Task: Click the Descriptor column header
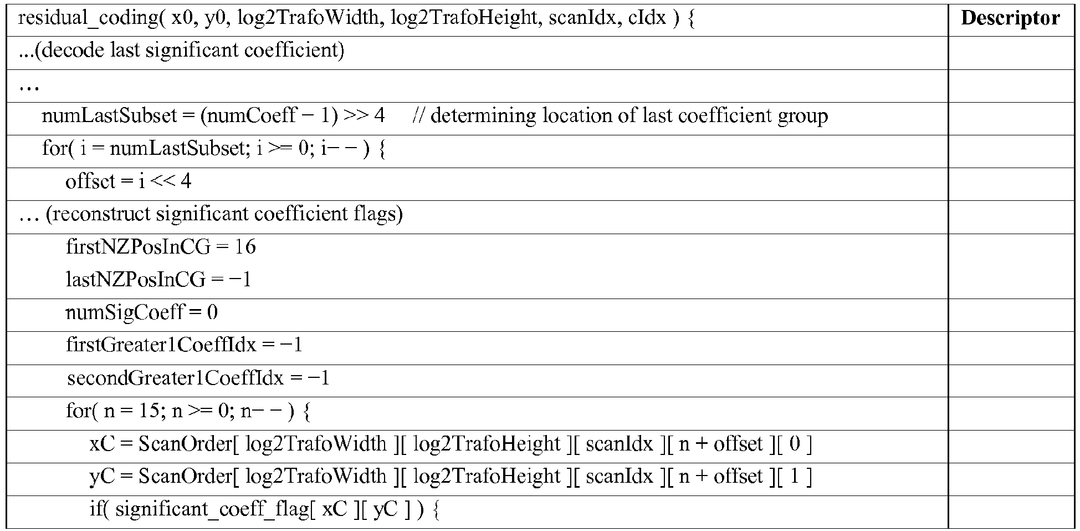click(1010, 18)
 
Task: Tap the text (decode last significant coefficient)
click(193, 51)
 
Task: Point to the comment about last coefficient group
click(621, 116)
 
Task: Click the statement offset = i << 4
click(129, 181)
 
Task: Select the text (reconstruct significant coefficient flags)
click(224, 214)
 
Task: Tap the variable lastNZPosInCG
click(136, 279)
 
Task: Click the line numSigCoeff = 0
click(142, 312)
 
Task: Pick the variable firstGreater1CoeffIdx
click(161, 345)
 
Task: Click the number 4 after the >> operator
click(379, 116)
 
